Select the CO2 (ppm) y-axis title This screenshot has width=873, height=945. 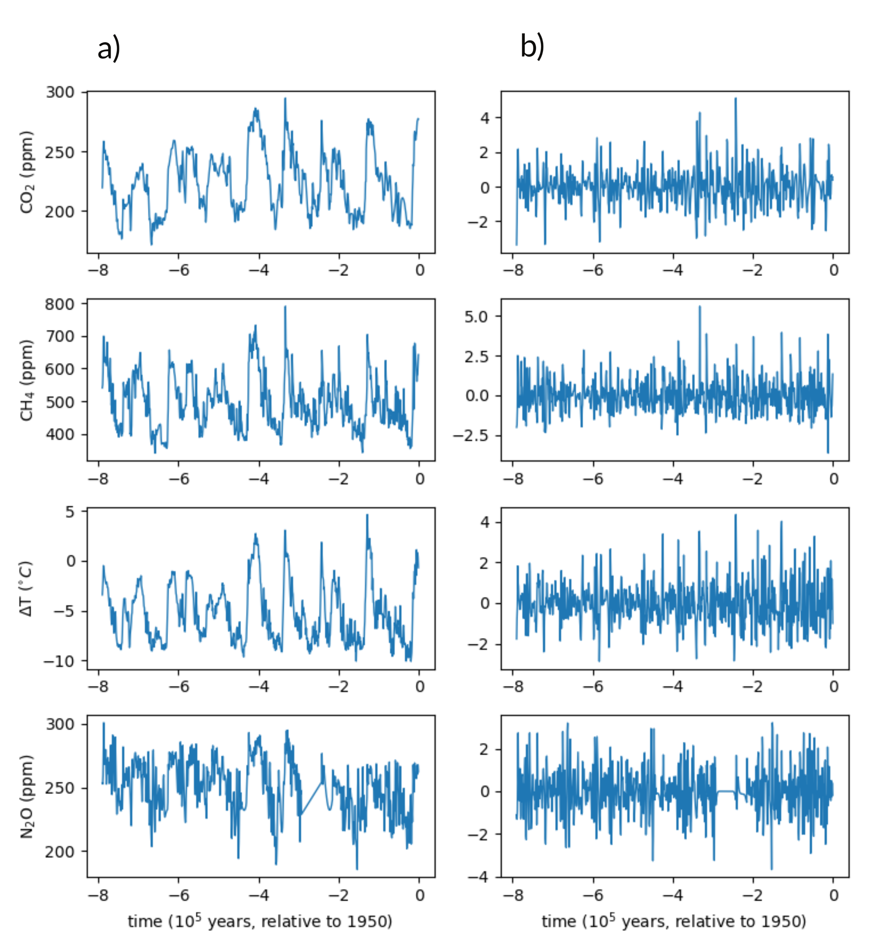point(27,172)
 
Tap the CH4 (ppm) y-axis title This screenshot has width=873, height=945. point(27,380)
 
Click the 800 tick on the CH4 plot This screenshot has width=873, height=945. point(60,304)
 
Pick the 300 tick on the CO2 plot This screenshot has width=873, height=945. point(60,92)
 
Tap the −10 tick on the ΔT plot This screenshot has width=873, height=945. point(59,661)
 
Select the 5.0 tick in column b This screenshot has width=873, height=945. point(476,317)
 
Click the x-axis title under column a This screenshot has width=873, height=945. point(260,921)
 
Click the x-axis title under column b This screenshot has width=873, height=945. point(674,921)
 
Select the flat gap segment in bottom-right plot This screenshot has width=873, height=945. point(726,791)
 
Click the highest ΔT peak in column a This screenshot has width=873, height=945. point(367,515)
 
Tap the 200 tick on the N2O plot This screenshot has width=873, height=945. point(60,852)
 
